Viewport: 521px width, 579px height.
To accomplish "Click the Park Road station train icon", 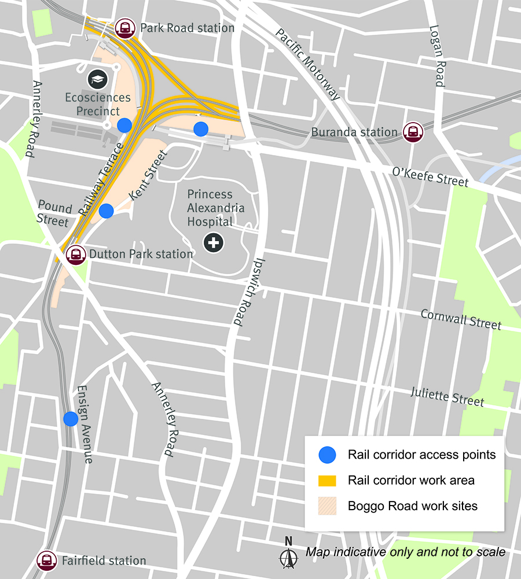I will point(125,28).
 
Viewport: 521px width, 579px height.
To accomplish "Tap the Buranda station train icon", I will point(413,132).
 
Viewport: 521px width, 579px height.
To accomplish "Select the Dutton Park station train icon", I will point(75,254).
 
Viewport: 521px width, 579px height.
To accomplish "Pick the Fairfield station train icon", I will point(46,560).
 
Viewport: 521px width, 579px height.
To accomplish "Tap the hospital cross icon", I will point(214,242).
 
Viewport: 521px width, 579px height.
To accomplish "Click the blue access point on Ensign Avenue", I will point(71,419).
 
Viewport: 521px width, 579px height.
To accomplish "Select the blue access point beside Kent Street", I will point(106,211).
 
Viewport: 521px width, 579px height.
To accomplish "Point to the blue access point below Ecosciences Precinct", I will point(124,125).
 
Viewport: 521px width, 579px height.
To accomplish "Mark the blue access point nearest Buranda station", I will point(201,129).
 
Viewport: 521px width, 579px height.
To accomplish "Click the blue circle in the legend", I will point(328,455).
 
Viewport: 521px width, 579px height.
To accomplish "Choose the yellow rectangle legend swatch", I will point(328,481).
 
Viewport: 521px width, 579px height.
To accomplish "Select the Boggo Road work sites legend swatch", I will point(328,506).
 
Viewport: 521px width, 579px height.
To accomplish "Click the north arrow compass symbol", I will point(288,555).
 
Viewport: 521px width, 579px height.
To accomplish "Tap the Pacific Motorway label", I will point(307,64).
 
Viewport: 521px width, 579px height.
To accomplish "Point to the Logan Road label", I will point(436,56).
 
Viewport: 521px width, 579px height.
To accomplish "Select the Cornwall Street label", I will point(461,319).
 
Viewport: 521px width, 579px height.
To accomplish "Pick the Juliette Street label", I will point(447,396).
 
